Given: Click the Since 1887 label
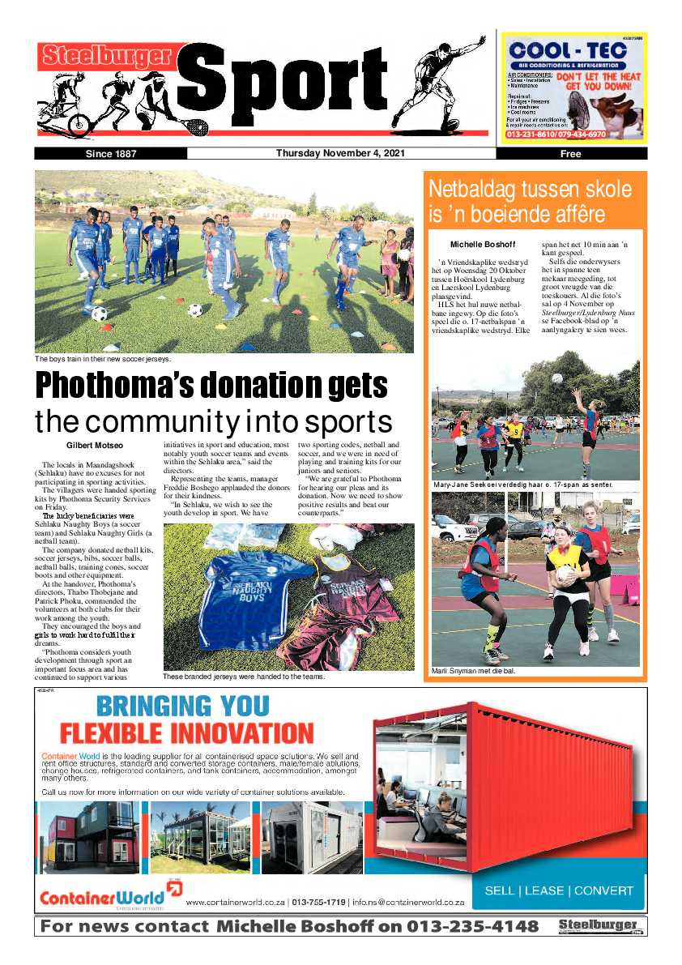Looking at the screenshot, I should click(111, 154).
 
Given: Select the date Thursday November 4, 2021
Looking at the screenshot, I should click(340, 153).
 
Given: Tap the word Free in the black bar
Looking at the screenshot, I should click(571, 154).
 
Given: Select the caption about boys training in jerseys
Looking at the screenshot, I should click(103, 358).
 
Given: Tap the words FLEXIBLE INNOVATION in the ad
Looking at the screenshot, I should click(187, 733).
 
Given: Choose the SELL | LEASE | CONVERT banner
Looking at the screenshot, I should click(559, 890).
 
